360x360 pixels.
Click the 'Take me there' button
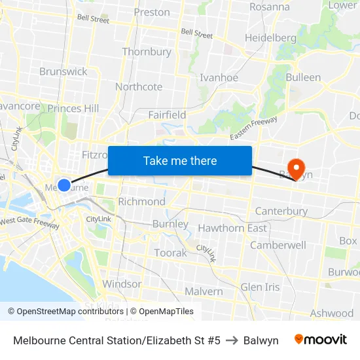[180, 161]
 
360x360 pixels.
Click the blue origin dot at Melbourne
[64, 185]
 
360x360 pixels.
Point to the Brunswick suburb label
[63, 71]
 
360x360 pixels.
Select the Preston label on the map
[152, 12]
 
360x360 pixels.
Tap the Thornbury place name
[147, 52]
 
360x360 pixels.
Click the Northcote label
[139, 87]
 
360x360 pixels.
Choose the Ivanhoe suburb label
[219, 77]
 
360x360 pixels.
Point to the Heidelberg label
[270, 38]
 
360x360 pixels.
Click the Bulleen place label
[303, 77]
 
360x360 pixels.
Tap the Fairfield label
[167, 115]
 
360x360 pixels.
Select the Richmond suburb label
[141, 202]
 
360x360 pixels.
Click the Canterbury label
[281, 211]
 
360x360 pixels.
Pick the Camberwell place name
[278, 245]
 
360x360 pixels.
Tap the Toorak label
[170, 253]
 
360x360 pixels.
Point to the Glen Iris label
[260, 287]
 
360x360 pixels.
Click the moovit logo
[321, 340]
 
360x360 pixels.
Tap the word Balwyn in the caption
[261, 340]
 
